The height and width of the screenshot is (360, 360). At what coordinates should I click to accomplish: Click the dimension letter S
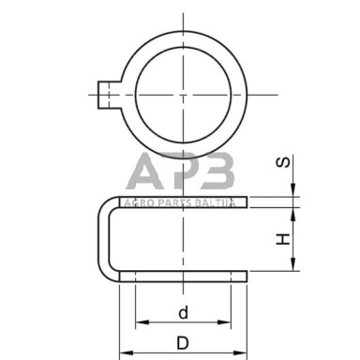(284, 162)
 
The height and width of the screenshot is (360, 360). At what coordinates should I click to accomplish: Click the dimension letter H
(284, 239)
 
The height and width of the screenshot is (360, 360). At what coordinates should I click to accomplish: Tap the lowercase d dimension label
(184, 312)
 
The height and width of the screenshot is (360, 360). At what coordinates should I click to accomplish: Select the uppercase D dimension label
(183, 343)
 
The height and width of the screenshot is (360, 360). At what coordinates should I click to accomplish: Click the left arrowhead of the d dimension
(142, 322)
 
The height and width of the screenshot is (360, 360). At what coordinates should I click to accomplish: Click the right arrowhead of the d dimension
(224, 322)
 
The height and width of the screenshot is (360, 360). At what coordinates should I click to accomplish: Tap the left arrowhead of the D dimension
(126, 353)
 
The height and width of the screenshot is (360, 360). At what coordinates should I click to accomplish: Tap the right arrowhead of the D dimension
(240, 353)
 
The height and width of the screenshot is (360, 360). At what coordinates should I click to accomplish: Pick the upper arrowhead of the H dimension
(293, 214)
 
